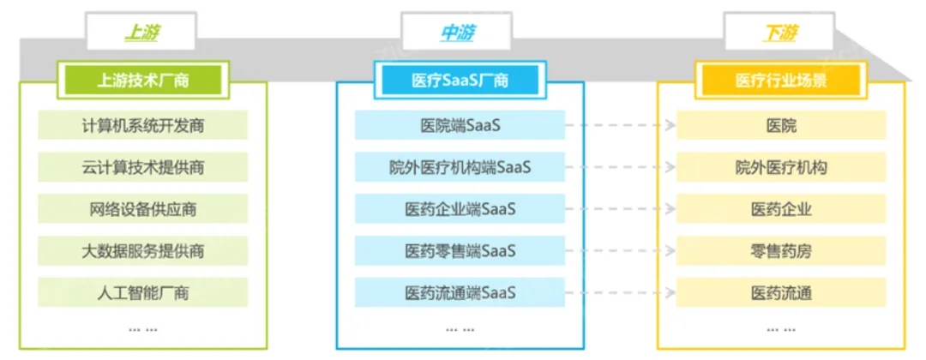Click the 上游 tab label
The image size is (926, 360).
pos(142,33)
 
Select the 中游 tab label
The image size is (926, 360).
pos(458,33)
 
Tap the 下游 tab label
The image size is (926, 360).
pos(780,33)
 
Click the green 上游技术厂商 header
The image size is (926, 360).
pos(143,81)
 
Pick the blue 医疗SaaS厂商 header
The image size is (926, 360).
pos(460,81)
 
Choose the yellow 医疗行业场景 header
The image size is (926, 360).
pos(781,81)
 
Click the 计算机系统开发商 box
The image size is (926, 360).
pos(143,125)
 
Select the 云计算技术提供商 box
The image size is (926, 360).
pos(143,167)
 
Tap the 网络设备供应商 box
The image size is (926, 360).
pos(143,209)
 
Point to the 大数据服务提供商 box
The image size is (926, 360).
pos(143,251)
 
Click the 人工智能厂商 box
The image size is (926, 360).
pos(143,293)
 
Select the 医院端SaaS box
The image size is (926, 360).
pos(460,125)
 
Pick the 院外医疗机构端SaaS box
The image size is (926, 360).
pos(460,167)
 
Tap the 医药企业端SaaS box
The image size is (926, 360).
pos(460,209)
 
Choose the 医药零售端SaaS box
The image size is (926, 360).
pos(460,251)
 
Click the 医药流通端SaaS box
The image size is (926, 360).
pos(460,293)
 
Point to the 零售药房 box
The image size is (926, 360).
pos(781,251)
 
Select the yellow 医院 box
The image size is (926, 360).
pos(781,125)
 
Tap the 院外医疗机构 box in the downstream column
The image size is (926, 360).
pos(781,167)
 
